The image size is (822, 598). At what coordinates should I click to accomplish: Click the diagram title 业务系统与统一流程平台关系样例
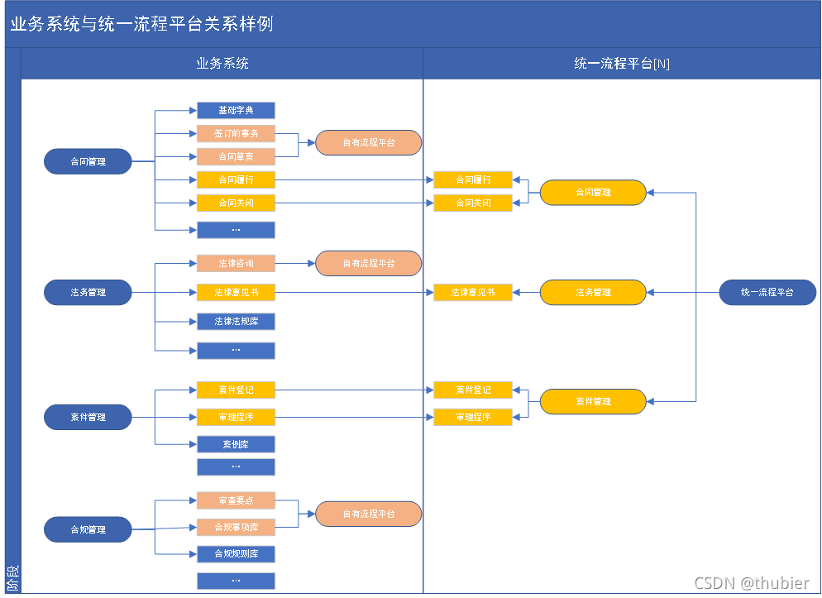[x=141, y=24]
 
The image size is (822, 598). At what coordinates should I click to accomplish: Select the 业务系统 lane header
[x=222, y=64]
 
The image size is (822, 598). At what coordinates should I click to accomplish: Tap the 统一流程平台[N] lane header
[x=622, y=64]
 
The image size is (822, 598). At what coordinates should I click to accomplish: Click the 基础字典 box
[x=236, y=110]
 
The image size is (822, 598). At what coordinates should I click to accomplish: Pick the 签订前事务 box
[x=236, y=133]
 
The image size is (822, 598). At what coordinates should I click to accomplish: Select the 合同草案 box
[x=236, y=156]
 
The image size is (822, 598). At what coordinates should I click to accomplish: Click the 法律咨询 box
[x=236, y=264]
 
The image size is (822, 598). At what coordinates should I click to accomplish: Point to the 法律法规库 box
[x=236, y=321]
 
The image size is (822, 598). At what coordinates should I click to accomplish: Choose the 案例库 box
[x=236, y=444]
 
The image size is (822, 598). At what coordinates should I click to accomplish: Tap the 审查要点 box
[x=236, y=500]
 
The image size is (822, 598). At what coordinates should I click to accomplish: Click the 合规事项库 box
[x=236, y=527]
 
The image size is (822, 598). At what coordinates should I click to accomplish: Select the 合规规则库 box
[x=236, y=553]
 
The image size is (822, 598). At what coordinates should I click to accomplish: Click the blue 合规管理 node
[x=88, y=529]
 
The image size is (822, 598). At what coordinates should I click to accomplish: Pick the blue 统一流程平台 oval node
[x=767, y=292]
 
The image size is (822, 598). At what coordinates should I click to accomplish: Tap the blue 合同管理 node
[x=88, y=161]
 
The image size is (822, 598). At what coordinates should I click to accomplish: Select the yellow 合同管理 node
[x=593, y=192]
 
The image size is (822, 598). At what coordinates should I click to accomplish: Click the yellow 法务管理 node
[x=593, y=292]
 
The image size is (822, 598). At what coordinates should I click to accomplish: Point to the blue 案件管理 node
[x=88, y=417]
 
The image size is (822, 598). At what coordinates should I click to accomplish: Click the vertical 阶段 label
[x=12, y=576]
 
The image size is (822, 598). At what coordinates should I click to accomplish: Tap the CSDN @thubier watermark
[x=752, y=583]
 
